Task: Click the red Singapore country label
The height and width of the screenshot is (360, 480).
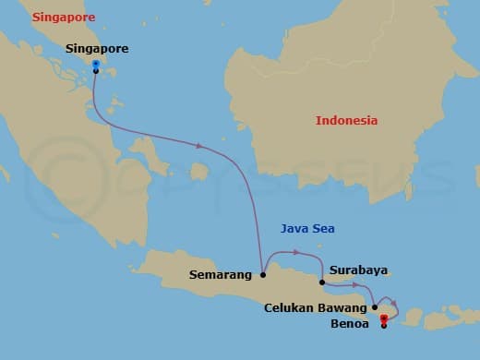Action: click(x=64, y=18)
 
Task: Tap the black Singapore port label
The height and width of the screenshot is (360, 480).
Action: click(x=97, y=48)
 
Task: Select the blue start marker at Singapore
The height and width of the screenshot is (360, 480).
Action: click(x=96, y=64)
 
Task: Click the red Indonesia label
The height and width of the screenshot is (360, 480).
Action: click(x=346, y=121)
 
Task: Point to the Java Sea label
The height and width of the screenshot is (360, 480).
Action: click(x=307, y=229)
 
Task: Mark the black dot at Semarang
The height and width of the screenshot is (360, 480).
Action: click(x=264, y=274)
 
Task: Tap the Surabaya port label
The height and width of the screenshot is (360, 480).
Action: click(x=358, y=271)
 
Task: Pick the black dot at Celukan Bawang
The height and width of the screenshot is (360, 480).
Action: click(x=375, y=306)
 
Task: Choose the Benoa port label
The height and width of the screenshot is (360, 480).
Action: click(x=350, y=325)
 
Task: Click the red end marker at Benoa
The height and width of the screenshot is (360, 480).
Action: click(x=383, y=319)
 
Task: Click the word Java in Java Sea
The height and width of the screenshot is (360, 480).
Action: click(x=294, y=229)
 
